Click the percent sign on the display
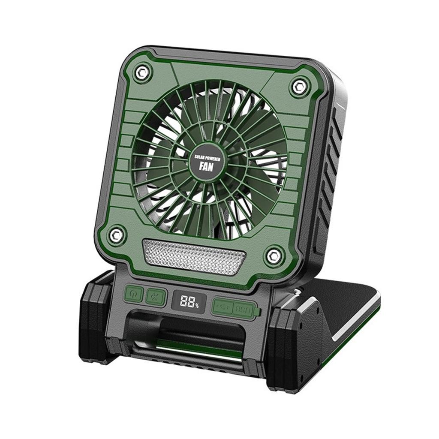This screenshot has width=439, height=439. click(197, 305)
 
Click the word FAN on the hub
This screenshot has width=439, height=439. click(207, 167)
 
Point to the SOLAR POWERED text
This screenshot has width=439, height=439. click(207, 157)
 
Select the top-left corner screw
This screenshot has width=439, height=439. click(142, 73)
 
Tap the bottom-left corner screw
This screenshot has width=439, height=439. click(116, 235)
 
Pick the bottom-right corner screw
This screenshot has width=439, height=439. click(273, 256)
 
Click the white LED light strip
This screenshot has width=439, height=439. click(194, 256)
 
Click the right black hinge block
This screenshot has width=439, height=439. click(292, 343)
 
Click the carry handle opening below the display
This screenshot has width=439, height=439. click(189, 332)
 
